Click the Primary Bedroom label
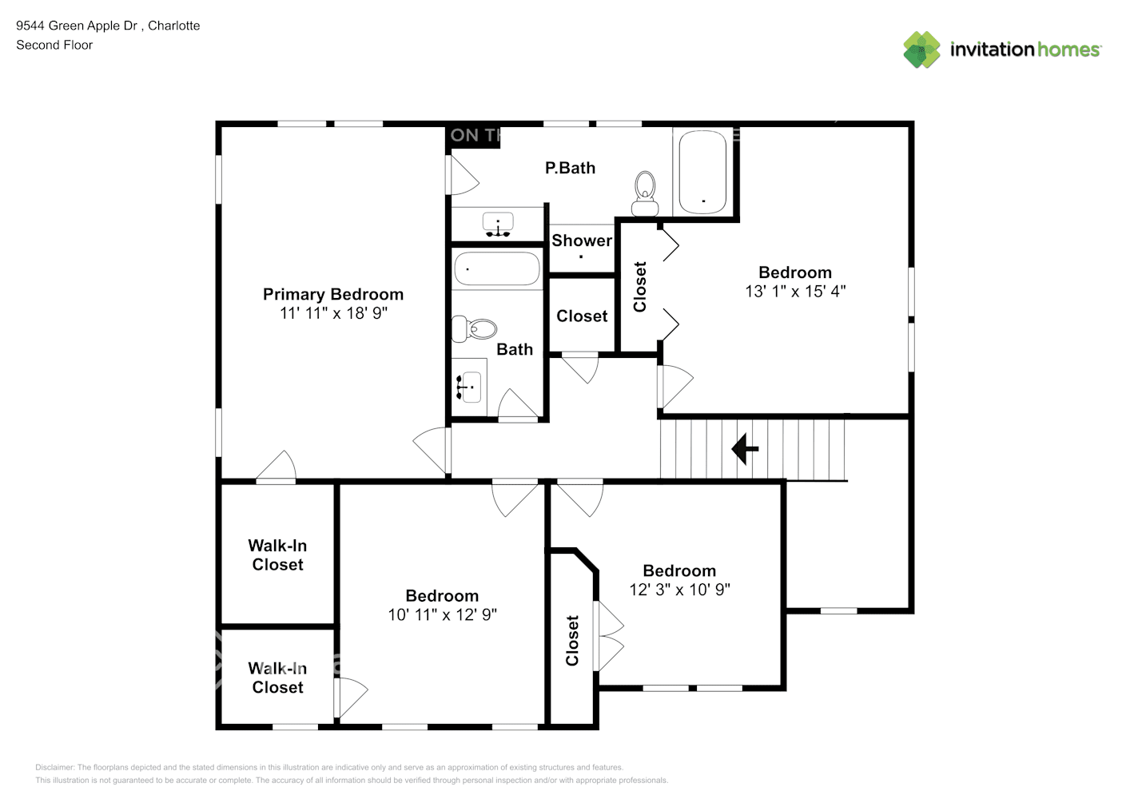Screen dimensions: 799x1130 332,294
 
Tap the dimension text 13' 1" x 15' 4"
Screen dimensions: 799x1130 794,292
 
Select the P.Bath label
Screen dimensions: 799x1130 570,168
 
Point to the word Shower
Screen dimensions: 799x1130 581,240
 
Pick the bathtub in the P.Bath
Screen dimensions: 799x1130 702,172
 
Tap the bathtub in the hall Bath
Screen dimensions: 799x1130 497,269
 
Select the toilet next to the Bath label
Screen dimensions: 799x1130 475,328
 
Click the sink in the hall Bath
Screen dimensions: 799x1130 469,387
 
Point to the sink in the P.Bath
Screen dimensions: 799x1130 499,225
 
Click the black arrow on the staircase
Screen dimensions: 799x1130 745,448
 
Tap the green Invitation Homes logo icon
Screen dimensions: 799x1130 921,50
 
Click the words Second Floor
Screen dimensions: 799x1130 54,45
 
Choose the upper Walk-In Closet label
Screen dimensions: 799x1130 277,555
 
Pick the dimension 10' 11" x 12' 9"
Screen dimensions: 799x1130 442,614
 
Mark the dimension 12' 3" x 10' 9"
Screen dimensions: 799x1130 679,590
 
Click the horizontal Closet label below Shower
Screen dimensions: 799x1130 582,316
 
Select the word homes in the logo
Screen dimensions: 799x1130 1068,50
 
